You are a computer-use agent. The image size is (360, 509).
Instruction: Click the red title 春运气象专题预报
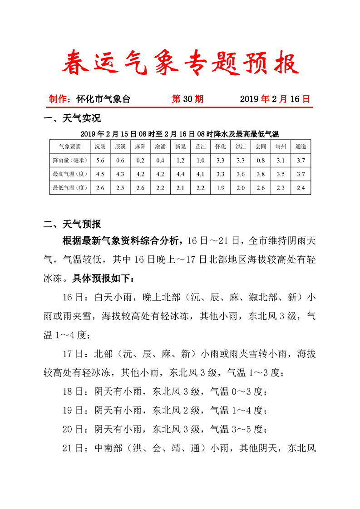(x=180, y=63)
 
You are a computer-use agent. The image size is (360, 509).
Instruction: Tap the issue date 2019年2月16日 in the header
(x=275, y=99)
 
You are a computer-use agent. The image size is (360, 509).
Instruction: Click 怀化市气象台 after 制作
(x=103, y=99)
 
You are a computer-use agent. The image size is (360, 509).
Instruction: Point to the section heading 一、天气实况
(x=72, y=119)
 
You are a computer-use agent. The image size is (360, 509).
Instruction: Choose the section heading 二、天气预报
(x=72, y=224)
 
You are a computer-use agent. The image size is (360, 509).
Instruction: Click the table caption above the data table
(x=180, y=134)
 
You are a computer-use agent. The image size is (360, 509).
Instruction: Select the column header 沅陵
(x=100, y=147)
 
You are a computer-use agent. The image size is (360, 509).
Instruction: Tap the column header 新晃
(x=180, y=147)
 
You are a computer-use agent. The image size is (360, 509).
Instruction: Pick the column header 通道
(x=301, y=147)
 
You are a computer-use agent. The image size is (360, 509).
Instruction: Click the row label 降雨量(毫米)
(x=70, y=160)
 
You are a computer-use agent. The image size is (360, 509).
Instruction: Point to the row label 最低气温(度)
(x=70, y=187)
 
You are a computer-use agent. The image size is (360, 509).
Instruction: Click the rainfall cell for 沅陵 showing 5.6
(x=100, y=160)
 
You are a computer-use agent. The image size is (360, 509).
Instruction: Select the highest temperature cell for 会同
(x=261, y=174)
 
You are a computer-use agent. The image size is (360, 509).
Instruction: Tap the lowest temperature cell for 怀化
(x=221, y=187)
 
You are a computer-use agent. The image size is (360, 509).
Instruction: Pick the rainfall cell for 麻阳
(x=140, y=160)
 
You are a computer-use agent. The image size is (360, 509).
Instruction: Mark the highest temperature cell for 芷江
(x=201, y=174)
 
